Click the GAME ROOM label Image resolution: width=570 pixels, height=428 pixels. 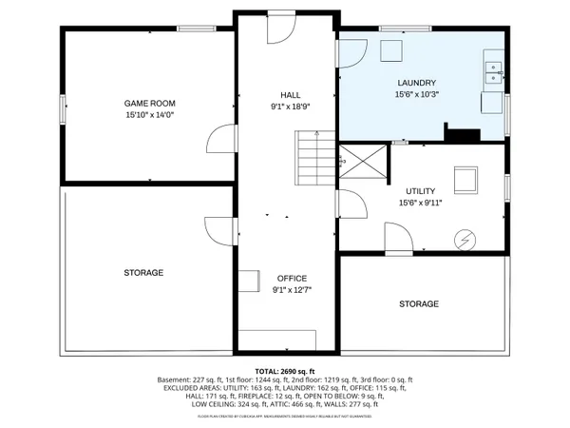(150, 102)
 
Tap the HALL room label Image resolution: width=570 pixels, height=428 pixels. (290, 94)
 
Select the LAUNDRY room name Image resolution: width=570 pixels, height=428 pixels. (415, 83)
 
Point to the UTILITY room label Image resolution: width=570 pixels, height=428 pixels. (420, 191)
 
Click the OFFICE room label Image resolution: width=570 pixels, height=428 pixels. (292, 278)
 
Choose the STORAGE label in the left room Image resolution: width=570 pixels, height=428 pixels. (143, 273)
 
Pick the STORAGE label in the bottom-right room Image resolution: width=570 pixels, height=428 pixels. (419, 303)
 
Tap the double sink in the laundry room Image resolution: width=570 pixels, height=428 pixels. (493, 70)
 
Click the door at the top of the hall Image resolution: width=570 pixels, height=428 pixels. (281, 29)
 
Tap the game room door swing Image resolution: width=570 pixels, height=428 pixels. (219, 145)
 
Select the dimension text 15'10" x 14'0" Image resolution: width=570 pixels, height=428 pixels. (150, 114)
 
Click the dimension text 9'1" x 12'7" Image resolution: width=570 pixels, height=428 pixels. (292, 290)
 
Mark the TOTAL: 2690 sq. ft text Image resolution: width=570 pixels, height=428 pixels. (285, 370)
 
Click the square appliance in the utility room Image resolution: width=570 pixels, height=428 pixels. (465, 179)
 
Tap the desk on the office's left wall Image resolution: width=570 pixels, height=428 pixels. (249, 281)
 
